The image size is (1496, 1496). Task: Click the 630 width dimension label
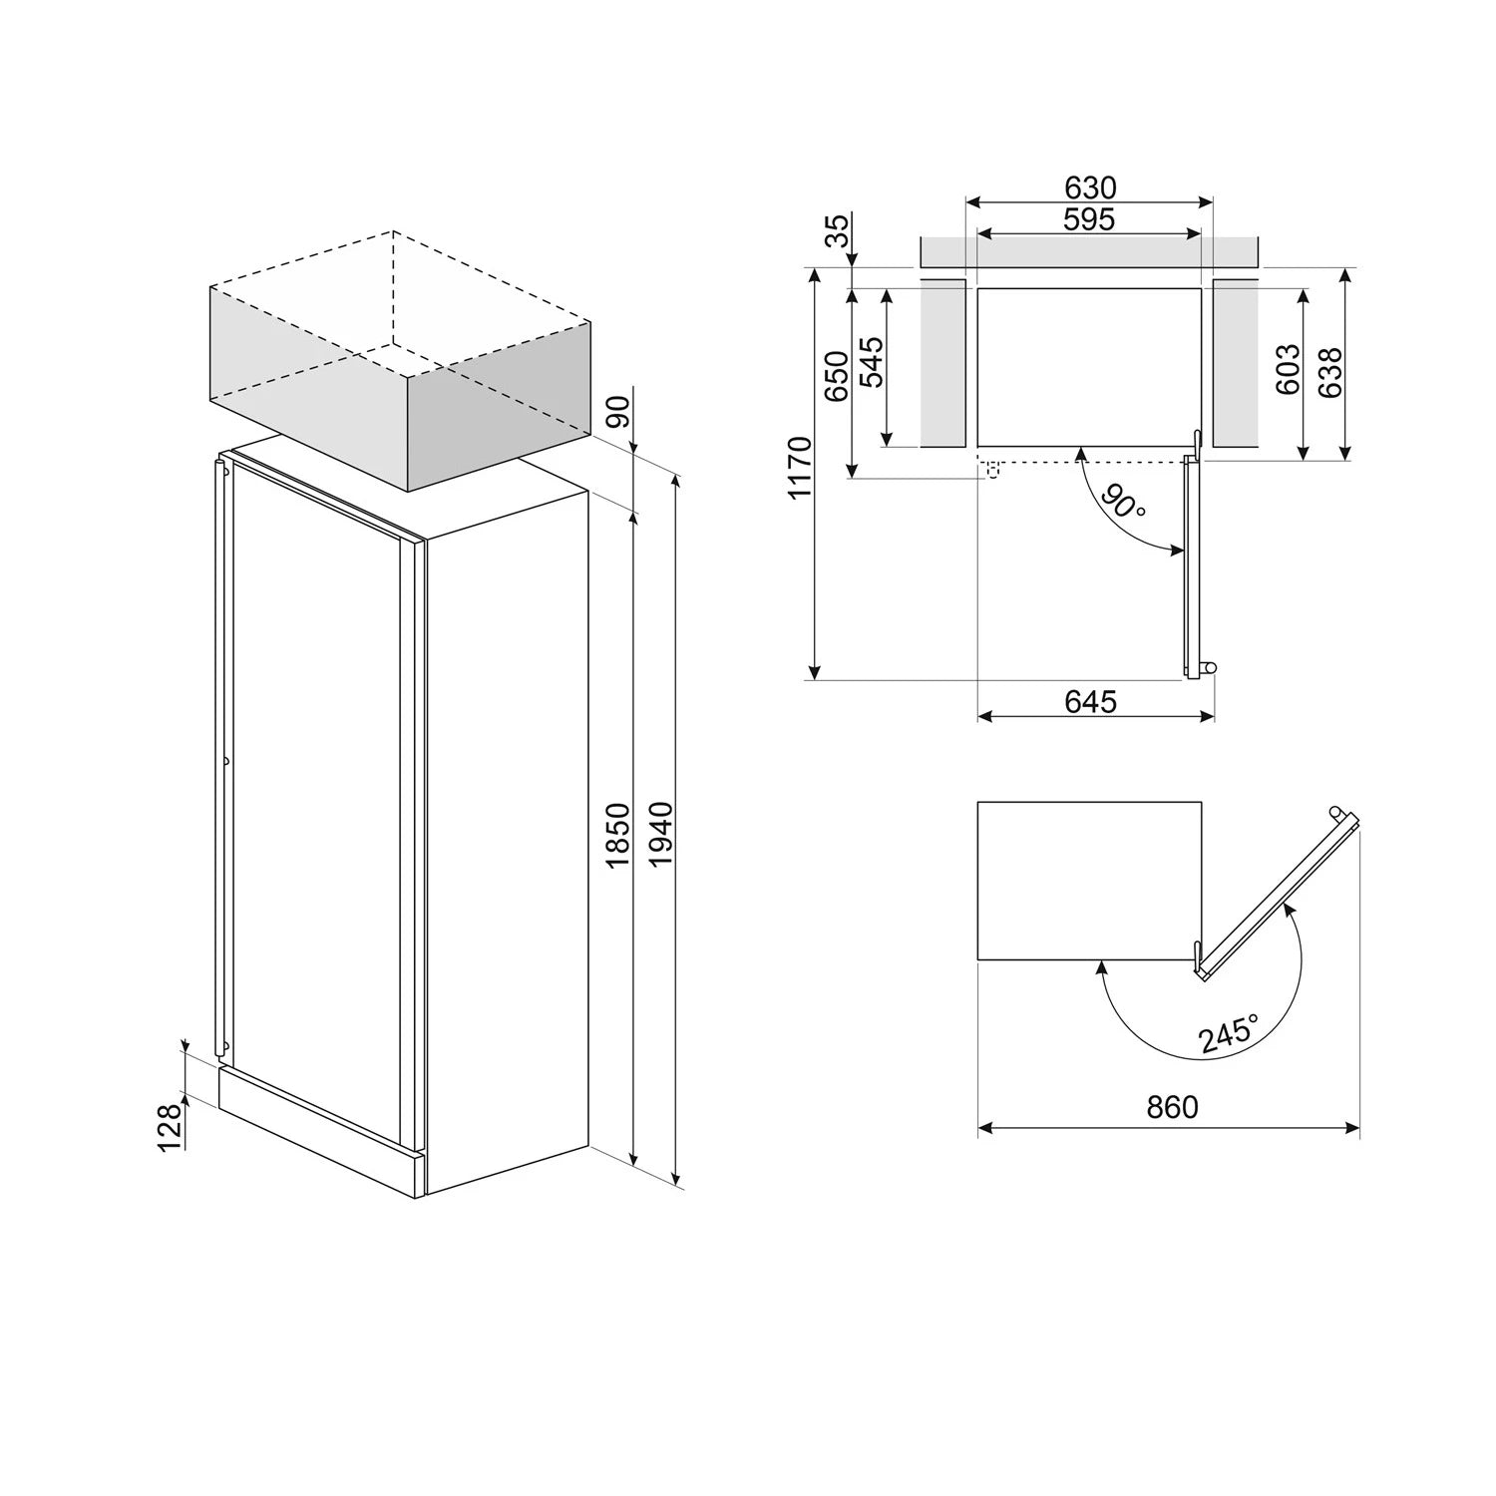1089,187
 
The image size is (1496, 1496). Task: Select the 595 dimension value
1089,219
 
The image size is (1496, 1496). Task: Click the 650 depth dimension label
837,376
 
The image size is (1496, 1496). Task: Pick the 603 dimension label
1289,369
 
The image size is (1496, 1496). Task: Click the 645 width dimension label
1090,701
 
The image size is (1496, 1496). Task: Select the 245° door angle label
1229,1032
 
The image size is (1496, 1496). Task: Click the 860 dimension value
1172,1107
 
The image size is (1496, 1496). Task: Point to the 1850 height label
618,834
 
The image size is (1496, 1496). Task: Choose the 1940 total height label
660,834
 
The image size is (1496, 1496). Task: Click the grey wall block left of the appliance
942,363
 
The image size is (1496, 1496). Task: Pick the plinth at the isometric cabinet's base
319,1127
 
